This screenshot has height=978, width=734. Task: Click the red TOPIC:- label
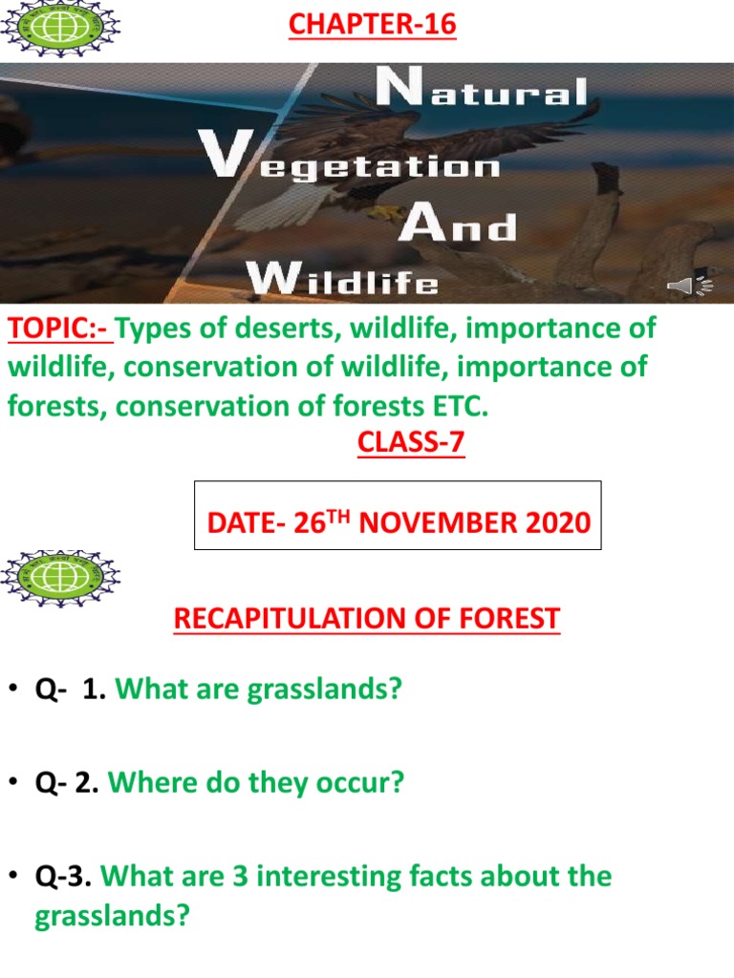[x=59, y=330]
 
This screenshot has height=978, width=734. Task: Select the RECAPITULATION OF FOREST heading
[x=366, y=619]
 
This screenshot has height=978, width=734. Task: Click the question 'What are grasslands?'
[x=258, y=690]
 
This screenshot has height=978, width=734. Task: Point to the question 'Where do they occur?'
[x=256, y=783]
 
